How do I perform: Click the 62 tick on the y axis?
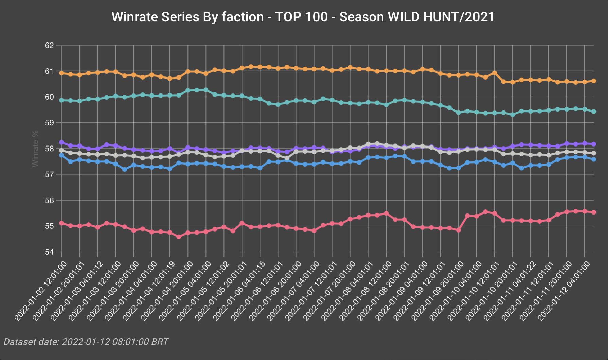[x=49, y=45]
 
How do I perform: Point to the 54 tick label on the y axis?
[x=49, y=252]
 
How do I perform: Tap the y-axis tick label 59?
[x=49, y=123]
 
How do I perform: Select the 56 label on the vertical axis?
[x=49, y=200]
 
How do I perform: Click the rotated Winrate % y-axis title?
[x=35, y=149]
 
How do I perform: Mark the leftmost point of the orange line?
[x=61, y=73]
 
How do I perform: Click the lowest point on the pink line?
[x=179, y=237]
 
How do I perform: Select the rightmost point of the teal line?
[x=593, y=112]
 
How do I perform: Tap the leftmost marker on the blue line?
[x=61, y=155]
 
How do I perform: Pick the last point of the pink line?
[x=593, y=212]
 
